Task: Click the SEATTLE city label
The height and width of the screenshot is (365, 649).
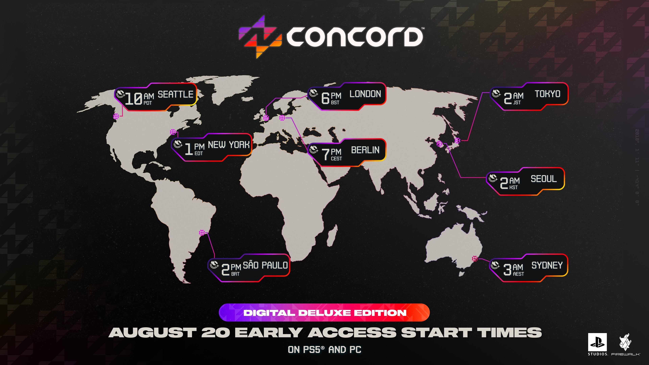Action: click(x=175, y=94)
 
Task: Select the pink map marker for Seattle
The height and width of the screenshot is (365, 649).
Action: click(x=116, y=116)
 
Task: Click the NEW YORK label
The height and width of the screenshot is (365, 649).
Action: click(x=229, y=145)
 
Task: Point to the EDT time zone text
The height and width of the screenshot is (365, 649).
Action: click(x=199, y=153)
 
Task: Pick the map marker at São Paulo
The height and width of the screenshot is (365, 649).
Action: click(x=202, y=233)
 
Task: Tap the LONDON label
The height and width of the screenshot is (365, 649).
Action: click(x=365, y=94)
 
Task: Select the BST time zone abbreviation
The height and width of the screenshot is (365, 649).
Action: click(x=335, y=103)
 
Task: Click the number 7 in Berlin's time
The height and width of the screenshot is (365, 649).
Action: click(x=326, y=154)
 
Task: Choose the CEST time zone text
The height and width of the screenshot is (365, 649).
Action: click(x=336, y=159)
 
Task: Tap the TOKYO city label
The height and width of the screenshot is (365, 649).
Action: click(x=547, y=94)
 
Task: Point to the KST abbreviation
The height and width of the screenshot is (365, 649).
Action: click(x=513, y=187)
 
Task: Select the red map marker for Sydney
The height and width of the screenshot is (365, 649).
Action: click(x=475, y=258)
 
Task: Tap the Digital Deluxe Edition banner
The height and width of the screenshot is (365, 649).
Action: click(x=324, y=313)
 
